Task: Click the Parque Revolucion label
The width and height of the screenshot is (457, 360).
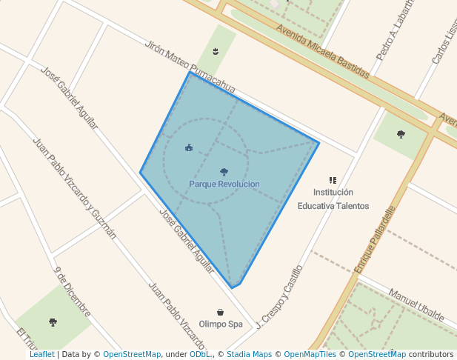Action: [x=224, y=184]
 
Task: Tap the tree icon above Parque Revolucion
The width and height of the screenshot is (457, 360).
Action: [x=224, y=172]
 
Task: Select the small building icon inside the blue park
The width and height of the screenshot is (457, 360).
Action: [x=189, y=147]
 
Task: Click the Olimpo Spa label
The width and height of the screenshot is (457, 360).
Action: [x=221, y=324]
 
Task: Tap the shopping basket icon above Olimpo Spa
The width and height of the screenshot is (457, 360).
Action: [x=221, y=313]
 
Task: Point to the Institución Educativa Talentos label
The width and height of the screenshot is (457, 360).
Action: [x=333, y=199]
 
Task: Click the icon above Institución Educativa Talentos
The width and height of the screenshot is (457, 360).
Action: [x=333, y=180]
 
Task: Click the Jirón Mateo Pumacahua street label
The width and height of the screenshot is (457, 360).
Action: [x=191, y=67]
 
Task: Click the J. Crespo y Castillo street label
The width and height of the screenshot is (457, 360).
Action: [x=280, y=296]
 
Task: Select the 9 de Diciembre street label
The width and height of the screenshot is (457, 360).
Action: [x=72, y=290]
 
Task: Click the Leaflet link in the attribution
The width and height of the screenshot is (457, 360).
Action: [x=41, y=355]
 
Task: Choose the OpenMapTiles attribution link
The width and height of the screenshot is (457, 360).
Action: [x=304, y=355]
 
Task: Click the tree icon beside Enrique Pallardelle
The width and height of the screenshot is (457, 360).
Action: [x=401, y=134]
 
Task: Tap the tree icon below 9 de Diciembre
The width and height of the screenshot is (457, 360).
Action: [x=53, y=322]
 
